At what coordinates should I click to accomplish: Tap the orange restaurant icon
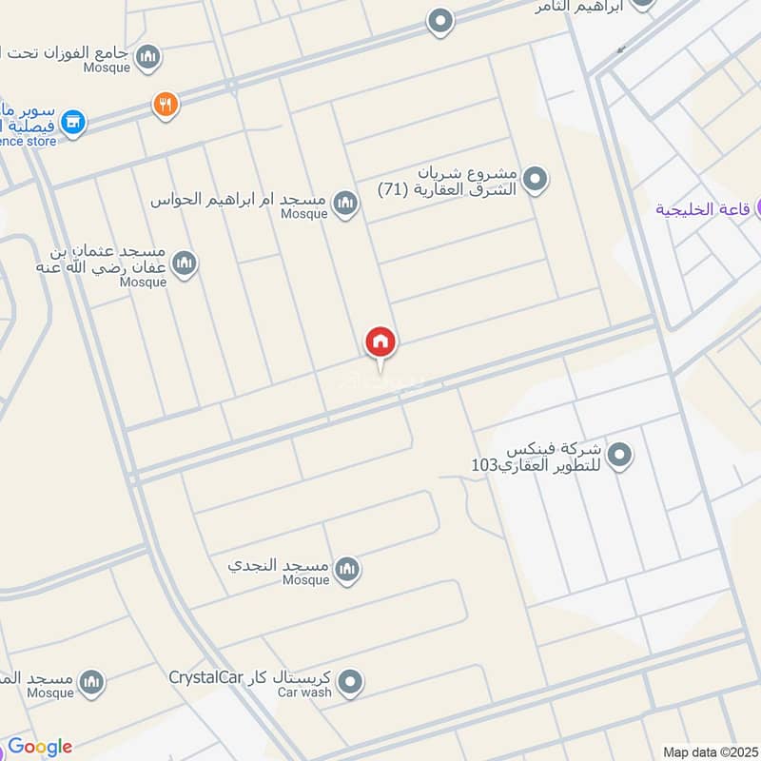point(166,105)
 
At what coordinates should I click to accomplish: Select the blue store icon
point(72,122)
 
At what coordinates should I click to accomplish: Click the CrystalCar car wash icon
point(351,681)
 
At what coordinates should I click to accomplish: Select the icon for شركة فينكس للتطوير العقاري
point(620,456)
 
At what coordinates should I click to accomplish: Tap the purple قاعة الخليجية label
point(706,209)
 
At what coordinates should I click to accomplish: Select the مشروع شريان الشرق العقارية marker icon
point(536,178)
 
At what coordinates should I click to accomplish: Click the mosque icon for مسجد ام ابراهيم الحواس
point(345,202)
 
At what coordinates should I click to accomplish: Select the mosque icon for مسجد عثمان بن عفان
point(184,263)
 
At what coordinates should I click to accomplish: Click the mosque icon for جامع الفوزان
point(147,58)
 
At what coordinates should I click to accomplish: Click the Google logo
point(40,747)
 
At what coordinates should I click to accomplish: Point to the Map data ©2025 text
point(709,751)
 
